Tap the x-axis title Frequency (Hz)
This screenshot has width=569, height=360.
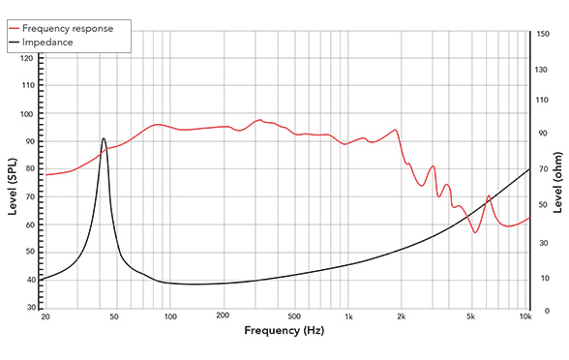pyautogui.click(x=284, y=331)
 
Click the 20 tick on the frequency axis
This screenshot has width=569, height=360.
pyautogui.click(x=45, y=316)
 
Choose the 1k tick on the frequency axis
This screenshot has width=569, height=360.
pyautogui.click(x=349, y=316)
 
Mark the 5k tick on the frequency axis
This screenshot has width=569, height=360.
pyautogui.click(x=471, y=316)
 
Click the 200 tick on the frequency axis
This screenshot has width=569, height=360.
pyautogui.click(x=223, y=316)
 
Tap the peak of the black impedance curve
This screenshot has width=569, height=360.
pyautogui.click(x=104, y=138)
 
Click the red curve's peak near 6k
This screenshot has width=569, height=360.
pyautogui.click(x=490, y=196)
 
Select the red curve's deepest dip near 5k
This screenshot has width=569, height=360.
pyautogui.click(x=475, y=232)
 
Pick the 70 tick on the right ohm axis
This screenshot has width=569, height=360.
pyautogui.click(x=543, y=169)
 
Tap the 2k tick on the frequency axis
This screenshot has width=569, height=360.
pyautogui.click(x=401, y=316)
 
